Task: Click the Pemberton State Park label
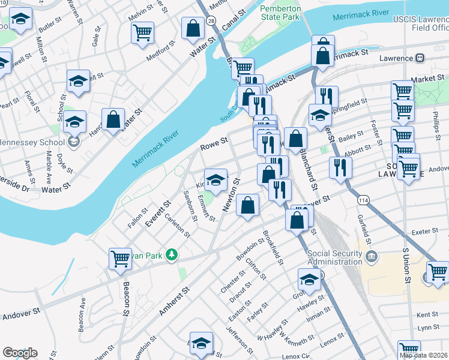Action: point(279,13)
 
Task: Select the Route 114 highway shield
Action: point(362,199)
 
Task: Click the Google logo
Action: point(20,353)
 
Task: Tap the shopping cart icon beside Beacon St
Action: point(121,259)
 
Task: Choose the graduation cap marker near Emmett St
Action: point(216,179)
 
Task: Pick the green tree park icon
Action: point(172,255)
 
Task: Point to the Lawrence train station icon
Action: point(420,58)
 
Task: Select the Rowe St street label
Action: point(214,143)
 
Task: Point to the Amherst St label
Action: point(174,301)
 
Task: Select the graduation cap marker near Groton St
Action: point(310,279)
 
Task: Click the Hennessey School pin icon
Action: point(74,142)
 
